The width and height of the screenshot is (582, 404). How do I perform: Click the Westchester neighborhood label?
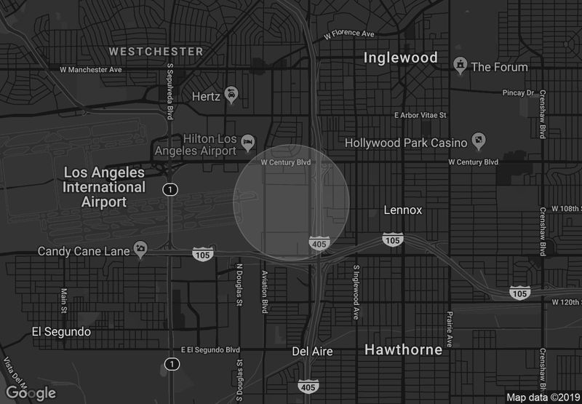pyautogui.click(x=156, y=52)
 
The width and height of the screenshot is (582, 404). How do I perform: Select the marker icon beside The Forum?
pyautogui.click(x=459, y=66)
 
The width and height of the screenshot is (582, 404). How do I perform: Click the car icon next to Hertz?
pyautogui.click(x=231, y=95)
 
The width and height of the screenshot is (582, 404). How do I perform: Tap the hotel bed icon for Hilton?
pyautogui.click(x=248, y=139)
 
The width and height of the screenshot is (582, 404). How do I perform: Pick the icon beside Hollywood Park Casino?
pyautogui.click(x=479, y=139)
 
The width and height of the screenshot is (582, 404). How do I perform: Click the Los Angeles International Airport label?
pyautogui.click(x=104, y=187)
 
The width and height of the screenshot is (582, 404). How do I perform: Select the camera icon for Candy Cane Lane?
pyautogui.click(x=140, y=250)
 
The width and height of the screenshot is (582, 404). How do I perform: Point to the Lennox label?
pyautogui.click(x=403, y=210)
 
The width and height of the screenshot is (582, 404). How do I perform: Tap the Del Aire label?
pyautogui.click(x=312, y=352)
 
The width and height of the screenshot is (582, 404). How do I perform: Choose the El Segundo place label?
pyautogui.click(x=61, y=332)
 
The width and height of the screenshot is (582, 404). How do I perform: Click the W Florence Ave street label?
pyautogui.click(x=348, y=33)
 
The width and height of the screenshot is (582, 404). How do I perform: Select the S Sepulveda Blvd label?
pyautogui.click(x=170, y=90)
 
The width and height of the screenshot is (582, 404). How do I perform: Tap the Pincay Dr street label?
pyautogui.click(x=519, y=93)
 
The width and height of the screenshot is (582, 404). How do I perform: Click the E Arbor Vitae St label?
pyautogui.click(x=420, y=115)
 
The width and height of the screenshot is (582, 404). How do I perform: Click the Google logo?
pyautogui.click(x=30, y=393)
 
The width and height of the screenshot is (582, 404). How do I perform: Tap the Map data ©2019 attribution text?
pyautogui.click(x=542, y=397)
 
